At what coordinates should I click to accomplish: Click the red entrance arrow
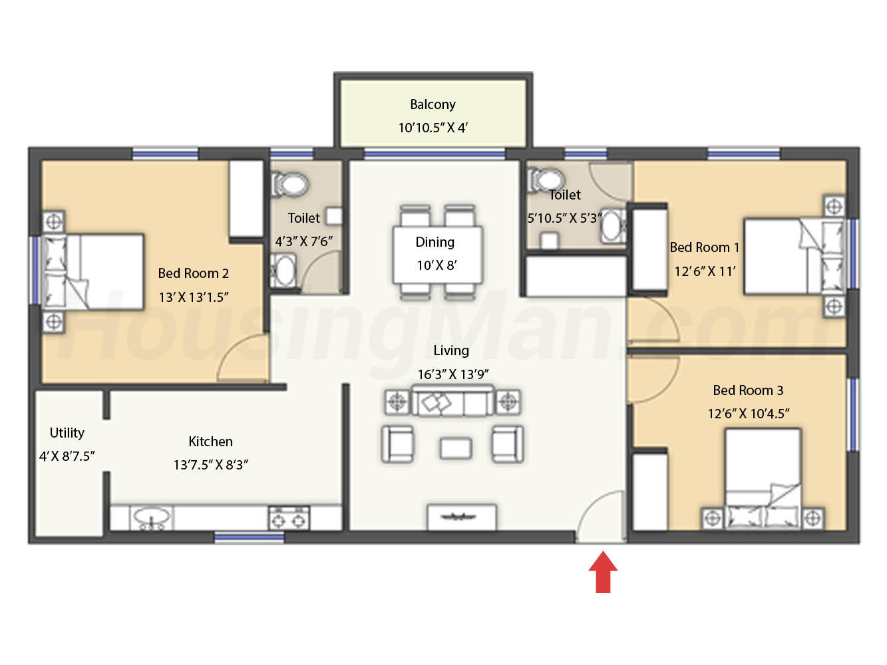pos(603,572)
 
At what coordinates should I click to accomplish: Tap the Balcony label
pos(433,104)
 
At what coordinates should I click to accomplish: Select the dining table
pos(437,255)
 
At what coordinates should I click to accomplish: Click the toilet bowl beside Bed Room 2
pos(289,185)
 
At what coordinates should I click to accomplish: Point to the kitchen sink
pos(152,517)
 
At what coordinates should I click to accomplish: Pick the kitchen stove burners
pos(289,519)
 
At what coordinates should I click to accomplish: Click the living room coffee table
pos(455,448)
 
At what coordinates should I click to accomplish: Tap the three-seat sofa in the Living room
pos(452,401)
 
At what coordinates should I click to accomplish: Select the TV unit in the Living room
pos(462,517)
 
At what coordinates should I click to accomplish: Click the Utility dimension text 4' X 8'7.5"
pos(67,456)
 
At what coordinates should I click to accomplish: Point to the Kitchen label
pos(210,442)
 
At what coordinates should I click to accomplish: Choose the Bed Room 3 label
pos(748,390)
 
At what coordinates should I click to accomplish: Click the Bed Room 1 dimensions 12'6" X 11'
pos(705,271)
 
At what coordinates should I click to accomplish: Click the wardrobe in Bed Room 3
pos(649,492)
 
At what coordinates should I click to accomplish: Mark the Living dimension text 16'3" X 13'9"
pos(453,374)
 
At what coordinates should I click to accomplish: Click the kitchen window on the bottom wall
pos(250,537)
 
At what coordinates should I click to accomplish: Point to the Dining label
pos(435,242)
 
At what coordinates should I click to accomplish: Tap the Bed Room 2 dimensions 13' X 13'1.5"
pos(194,297)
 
